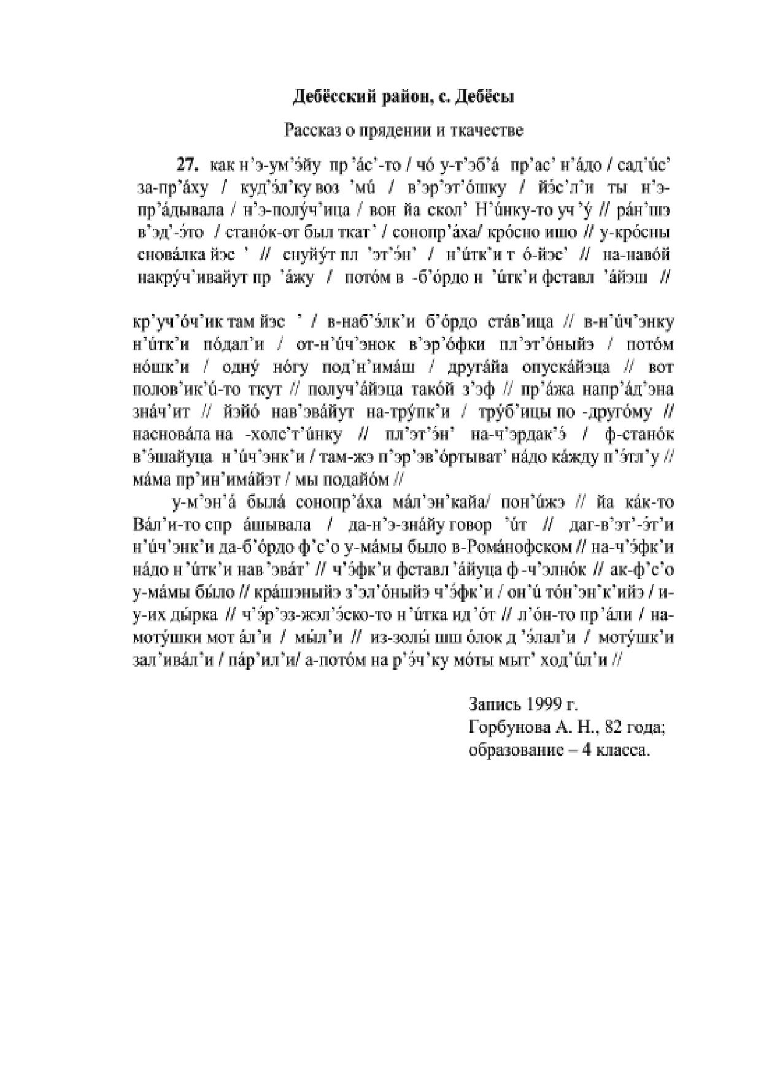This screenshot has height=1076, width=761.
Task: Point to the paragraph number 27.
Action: click(x=187, y=164)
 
